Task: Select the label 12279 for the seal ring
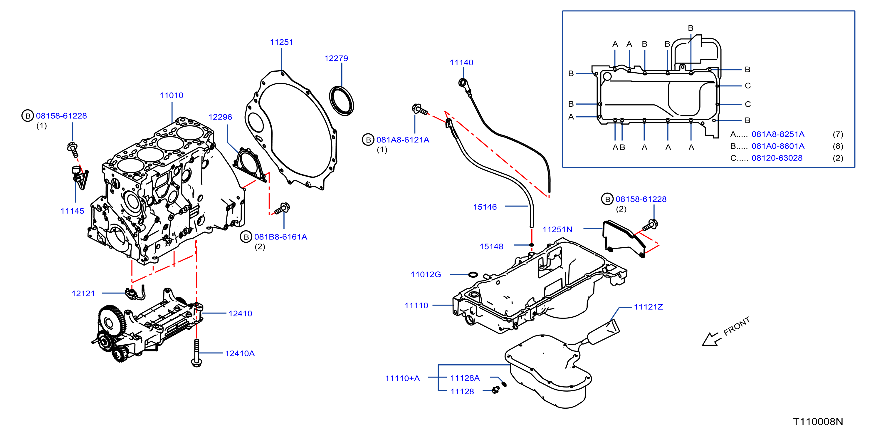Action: coord(336,58)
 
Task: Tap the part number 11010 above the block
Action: coord(171,95)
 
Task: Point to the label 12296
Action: coord(220,117)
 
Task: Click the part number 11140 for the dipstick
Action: coord(461,63)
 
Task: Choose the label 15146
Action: coord(485,207)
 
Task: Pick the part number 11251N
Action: coord(557,229)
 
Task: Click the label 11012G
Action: coord(426,274)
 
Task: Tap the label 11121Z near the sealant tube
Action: coord(648,307)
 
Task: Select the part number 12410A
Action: coord(240,353)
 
